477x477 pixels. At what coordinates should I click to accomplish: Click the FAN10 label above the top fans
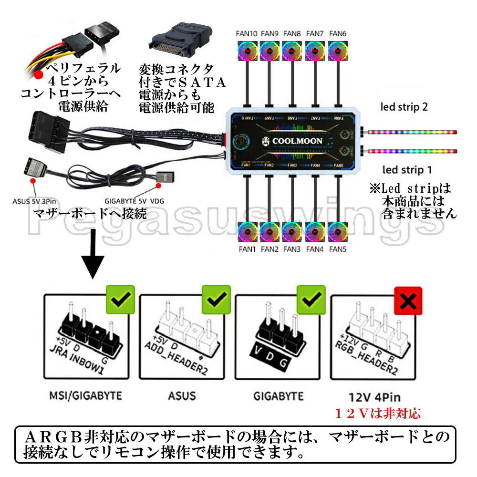coord(247,33)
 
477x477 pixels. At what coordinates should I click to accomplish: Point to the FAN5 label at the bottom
coord(338,249)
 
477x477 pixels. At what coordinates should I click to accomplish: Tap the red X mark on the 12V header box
coord(408,301)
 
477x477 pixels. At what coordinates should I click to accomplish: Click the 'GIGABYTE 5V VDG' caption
coord(134,201)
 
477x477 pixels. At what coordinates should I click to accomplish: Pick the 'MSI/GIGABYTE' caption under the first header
coord(86,396)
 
